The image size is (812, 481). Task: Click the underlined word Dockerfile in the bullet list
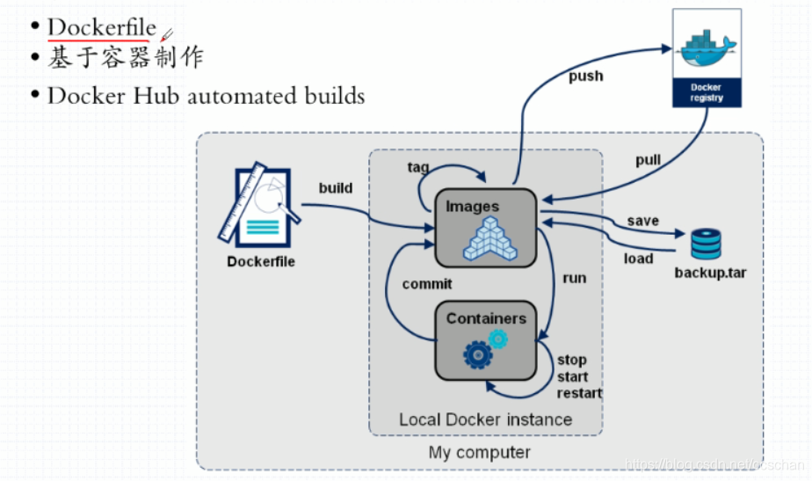pos(101,26)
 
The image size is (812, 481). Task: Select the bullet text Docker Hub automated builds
pos(206,95)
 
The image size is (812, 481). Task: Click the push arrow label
pos(585,76)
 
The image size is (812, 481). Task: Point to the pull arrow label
pos(648,160)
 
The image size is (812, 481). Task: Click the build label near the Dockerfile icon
pos(335,187)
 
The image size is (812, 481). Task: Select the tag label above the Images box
pos(417,166)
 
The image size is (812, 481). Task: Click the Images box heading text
pos(472,207)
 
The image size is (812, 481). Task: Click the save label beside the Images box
pos(642,221)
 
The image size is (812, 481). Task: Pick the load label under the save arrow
pos(638,258)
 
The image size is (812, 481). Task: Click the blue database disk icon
pos(705,244)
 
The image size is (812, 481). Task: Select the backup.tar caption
pos(710,273)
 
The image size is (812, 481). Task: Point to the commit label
pos(427,283)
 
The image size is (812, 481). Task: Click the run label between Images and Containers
pos(574,278)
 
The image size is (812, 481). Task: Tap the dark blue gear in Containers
pos(476,354)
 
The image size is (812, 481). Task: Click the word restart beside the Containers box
pos(579,393)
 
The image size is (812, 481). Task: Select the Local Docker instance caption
pos(485,419)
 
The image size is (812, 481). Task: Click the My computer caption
pos(480,452)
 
